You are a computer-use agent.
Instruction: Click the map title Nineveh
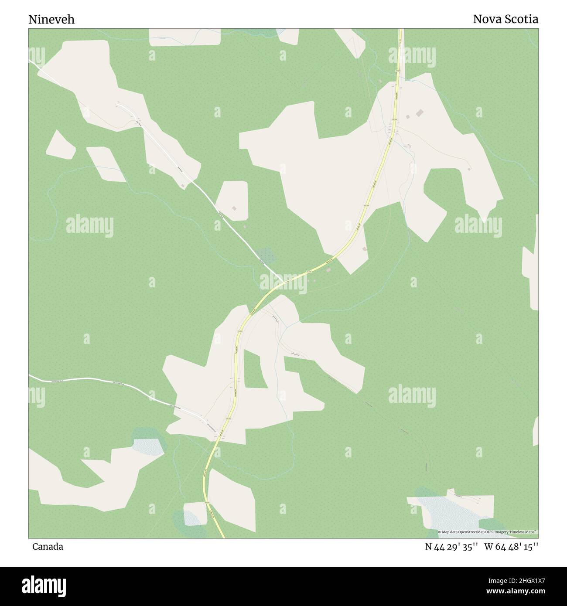[51, 20]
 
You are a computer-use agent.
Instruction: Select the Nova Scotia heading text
[506, 19]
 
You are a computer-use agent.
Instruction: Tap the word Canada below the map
[48, 547]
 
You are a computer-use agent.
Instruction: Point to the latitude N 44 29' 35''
[451, 547]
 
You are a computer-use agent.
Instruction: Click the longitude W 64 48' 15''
[511, 547]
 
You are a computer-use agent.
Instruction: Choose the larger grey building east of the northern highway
[420, 113]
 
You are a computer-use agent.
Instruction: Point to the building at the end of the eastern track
[469, 169]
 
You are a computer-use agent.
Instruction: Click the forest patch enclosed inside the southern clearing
[253, 369]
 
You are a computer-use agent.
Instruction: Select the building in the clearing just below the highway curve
[365, 249]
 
